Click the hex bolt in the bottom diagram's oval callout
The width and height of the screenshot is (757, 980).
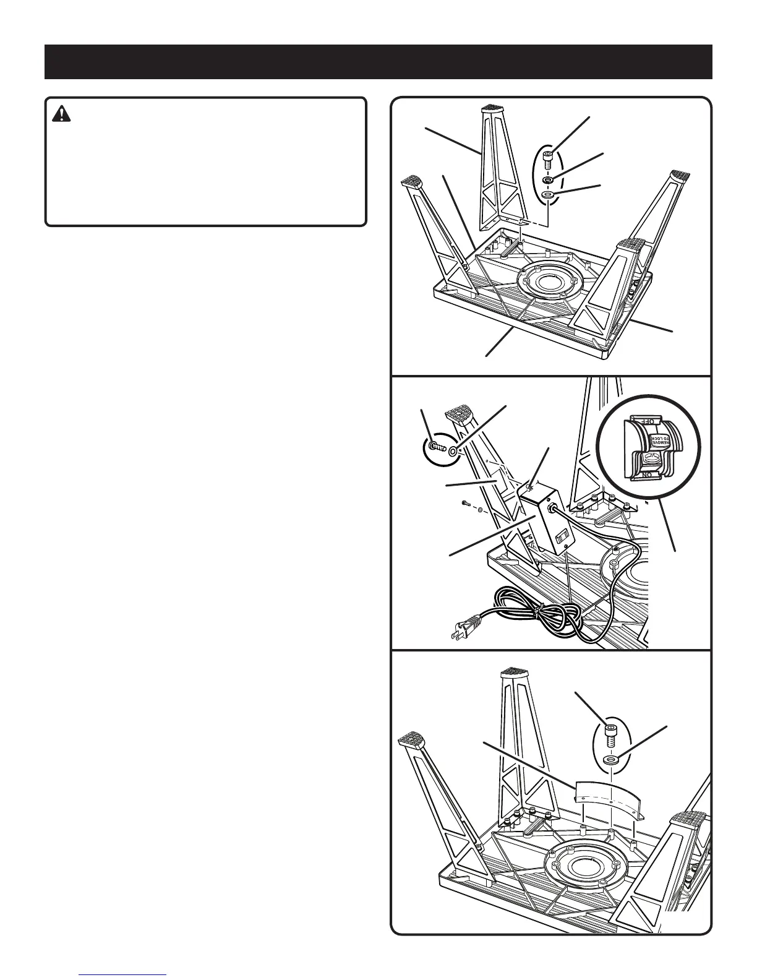pyautogui.click(x=610, y=736)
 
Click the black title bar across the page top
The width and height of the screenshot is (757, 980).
pyautogui.click(x=378, y=62)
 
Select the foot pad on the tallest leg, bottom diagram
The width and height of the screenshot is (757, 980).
pyautogui.click(x=513, y=671)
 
